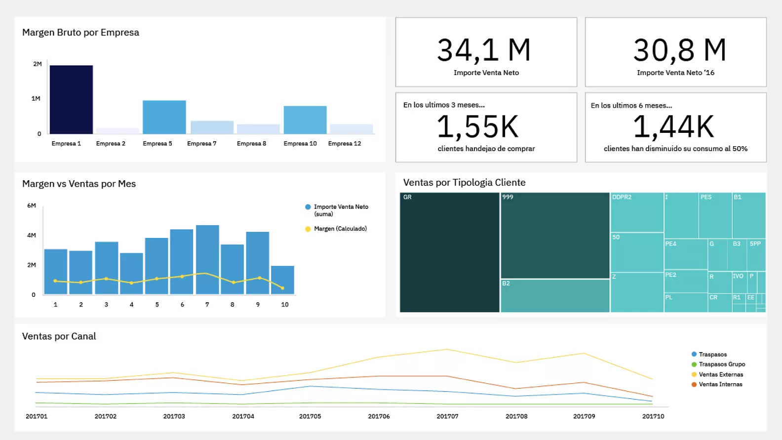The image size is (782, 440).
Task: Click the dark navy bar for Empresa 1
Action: click(71, 100)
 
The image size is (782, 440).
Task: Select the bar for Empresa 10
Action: click(305, 120)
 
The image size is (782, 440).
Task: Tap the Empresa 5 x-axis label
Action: click(157, 144)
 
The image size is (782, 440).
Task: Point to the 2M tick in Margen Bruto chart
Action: click(38, 64)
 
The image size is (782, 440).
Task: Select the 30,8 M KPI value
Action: click(679, 50)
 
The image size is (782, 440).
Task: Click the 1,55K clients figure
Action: click(478, 127)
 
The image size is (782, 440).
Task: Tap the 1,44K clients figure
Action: click(673, 127)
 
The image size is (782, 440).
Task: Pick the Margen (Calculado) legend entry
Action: click(340, 229)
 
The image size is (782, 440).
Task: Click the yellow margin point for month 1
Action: click(55, 281)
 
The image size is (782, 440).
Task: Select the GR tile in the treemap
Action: click(449, 252)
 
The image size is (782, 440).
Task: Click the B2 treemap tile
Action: click(555, 296)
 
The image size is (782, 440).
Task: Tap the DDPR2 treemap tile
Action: click(637, 212)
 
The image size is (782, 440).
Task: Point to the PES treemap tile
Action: click(715, 215)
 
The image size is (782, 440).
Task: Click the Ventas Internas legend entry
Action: click(720, 385)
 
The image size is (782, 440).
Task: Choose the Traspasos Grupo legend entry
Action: click(721, 364)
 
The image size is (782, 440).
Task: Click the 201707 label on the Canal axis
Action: click(447, 417)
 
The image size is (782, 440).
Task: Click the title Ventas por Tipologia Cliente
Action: click(464, 183)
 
